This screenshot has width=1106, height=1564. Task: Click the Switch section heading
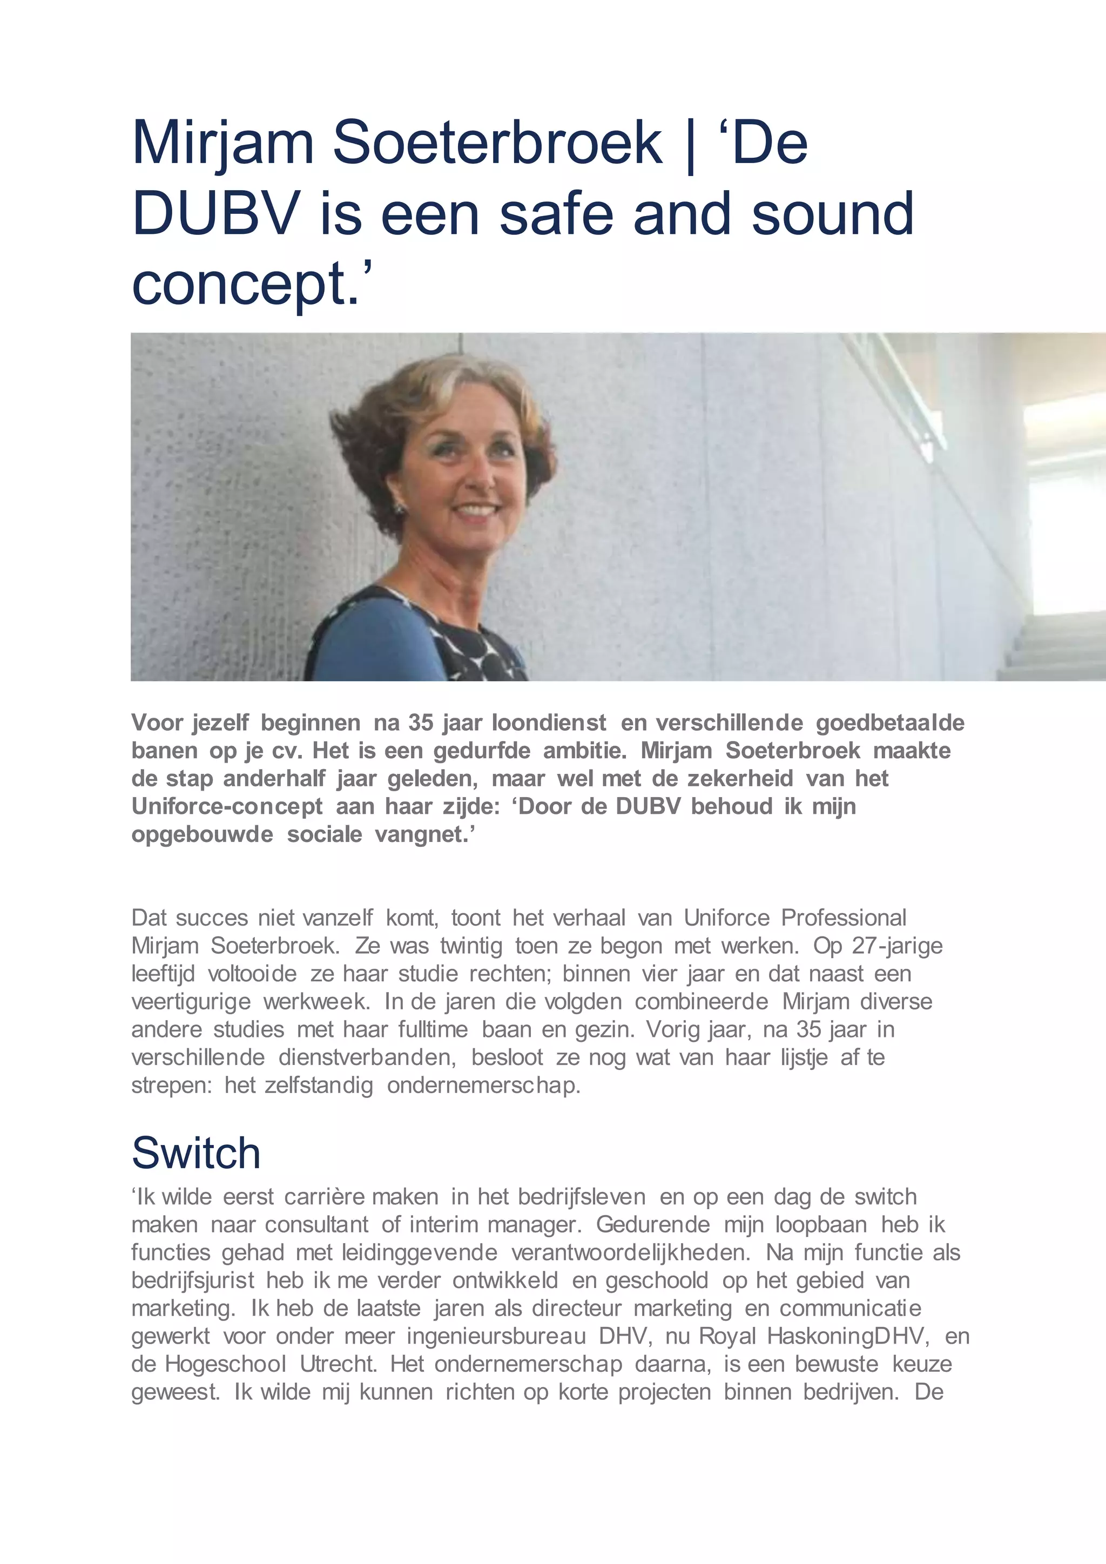tap(196, 1153)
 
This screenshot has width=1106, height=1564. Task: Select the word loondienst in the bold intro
tap(549, 722)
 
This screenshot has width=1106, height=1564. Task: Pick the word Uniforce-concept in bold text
tap(227, 806)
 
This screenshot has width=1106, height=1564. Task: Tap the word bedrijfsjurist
tap(193, 1280)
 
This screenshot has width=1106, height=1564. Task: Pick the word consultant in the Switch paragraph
tap(316, 1224)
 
